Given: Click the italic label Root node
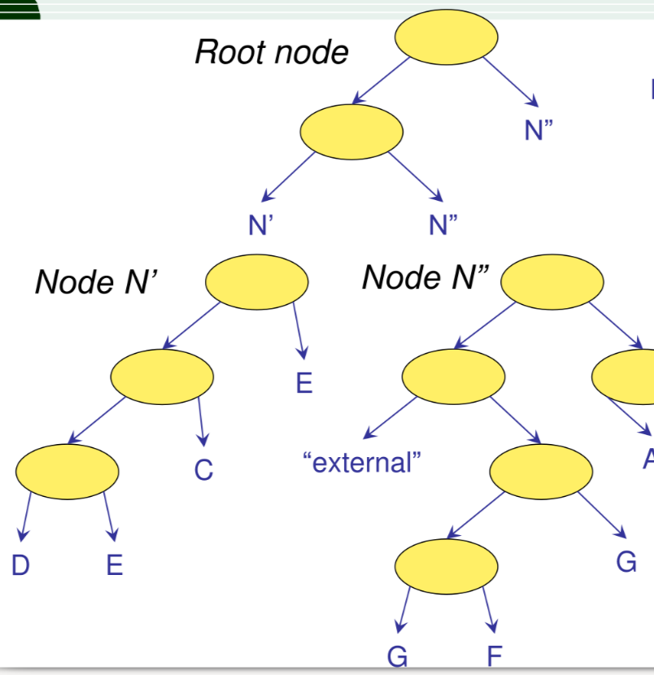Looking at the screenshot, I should click(x=271, y=52).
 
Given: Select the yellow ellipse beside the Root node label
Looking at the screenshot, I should click(x=446, y=38).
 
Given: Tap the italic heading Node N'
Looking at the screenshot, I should click(x=95, y=282).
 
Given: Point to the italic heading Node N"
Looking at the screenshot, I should click(x=425, y=277).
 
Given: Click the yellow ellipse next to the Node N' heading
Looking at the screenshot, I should click(x=256, y=282).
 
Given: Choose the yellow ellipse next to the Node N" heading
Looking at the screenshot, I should click(x=552, y=282).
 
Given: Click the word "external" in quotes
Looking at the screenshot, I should click(x=362, y=463).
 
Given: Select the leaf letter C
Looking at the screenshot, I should click(x=203, y=470).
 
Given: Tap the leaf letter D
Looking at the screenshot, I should click(x=20, y=564).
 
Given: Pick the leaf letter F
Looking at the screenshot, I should click(x=494, y=656).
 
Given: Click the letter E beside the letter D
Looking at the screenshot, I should click(x=115, y=564).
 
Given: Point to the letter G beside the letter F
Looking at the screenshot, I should click(x=397, y=656).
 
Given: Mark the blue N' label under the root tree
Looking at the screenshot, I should click(x=259, y=225).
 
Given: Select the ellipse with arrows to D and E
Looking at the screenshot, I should click(x=67, y=471).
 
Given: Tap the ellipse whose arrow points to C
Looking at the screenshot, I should click(x=162, y=376).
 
